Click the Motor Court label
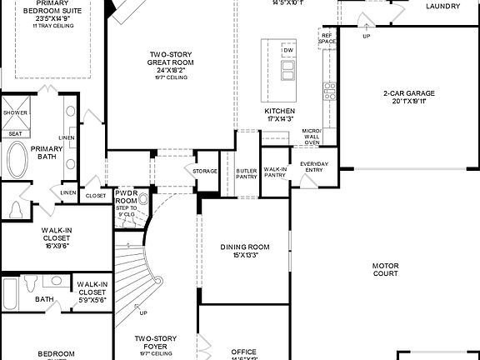click(x=385, y=270)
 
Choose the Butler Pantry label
click(x=246, y=172)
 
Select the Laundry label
click(x=442, y=7)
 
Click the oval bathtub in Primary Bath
click(x=17, y=159)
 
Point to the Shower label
click(x=15, y=112)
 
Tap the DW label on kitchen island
click(x=288, y=51)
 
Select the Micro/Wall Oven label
click(x=312, y=135)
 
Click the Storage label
click(x=205, y=172)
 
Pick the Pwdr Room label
click(x=126, y=196)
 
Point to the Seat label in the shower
click(x=15, y=132)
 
